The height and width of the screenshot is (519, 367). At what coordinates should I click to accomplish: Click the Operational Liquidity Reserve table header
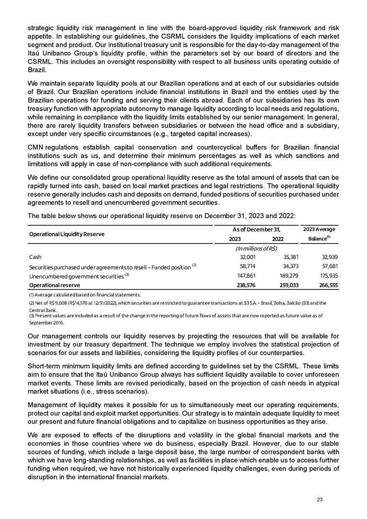[67, 234]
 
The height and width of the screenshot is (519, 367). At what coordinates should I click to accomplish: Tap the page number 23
[320, 500]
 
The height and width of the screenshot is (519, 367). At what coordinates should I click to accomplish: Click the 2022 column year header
[277, 239]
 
